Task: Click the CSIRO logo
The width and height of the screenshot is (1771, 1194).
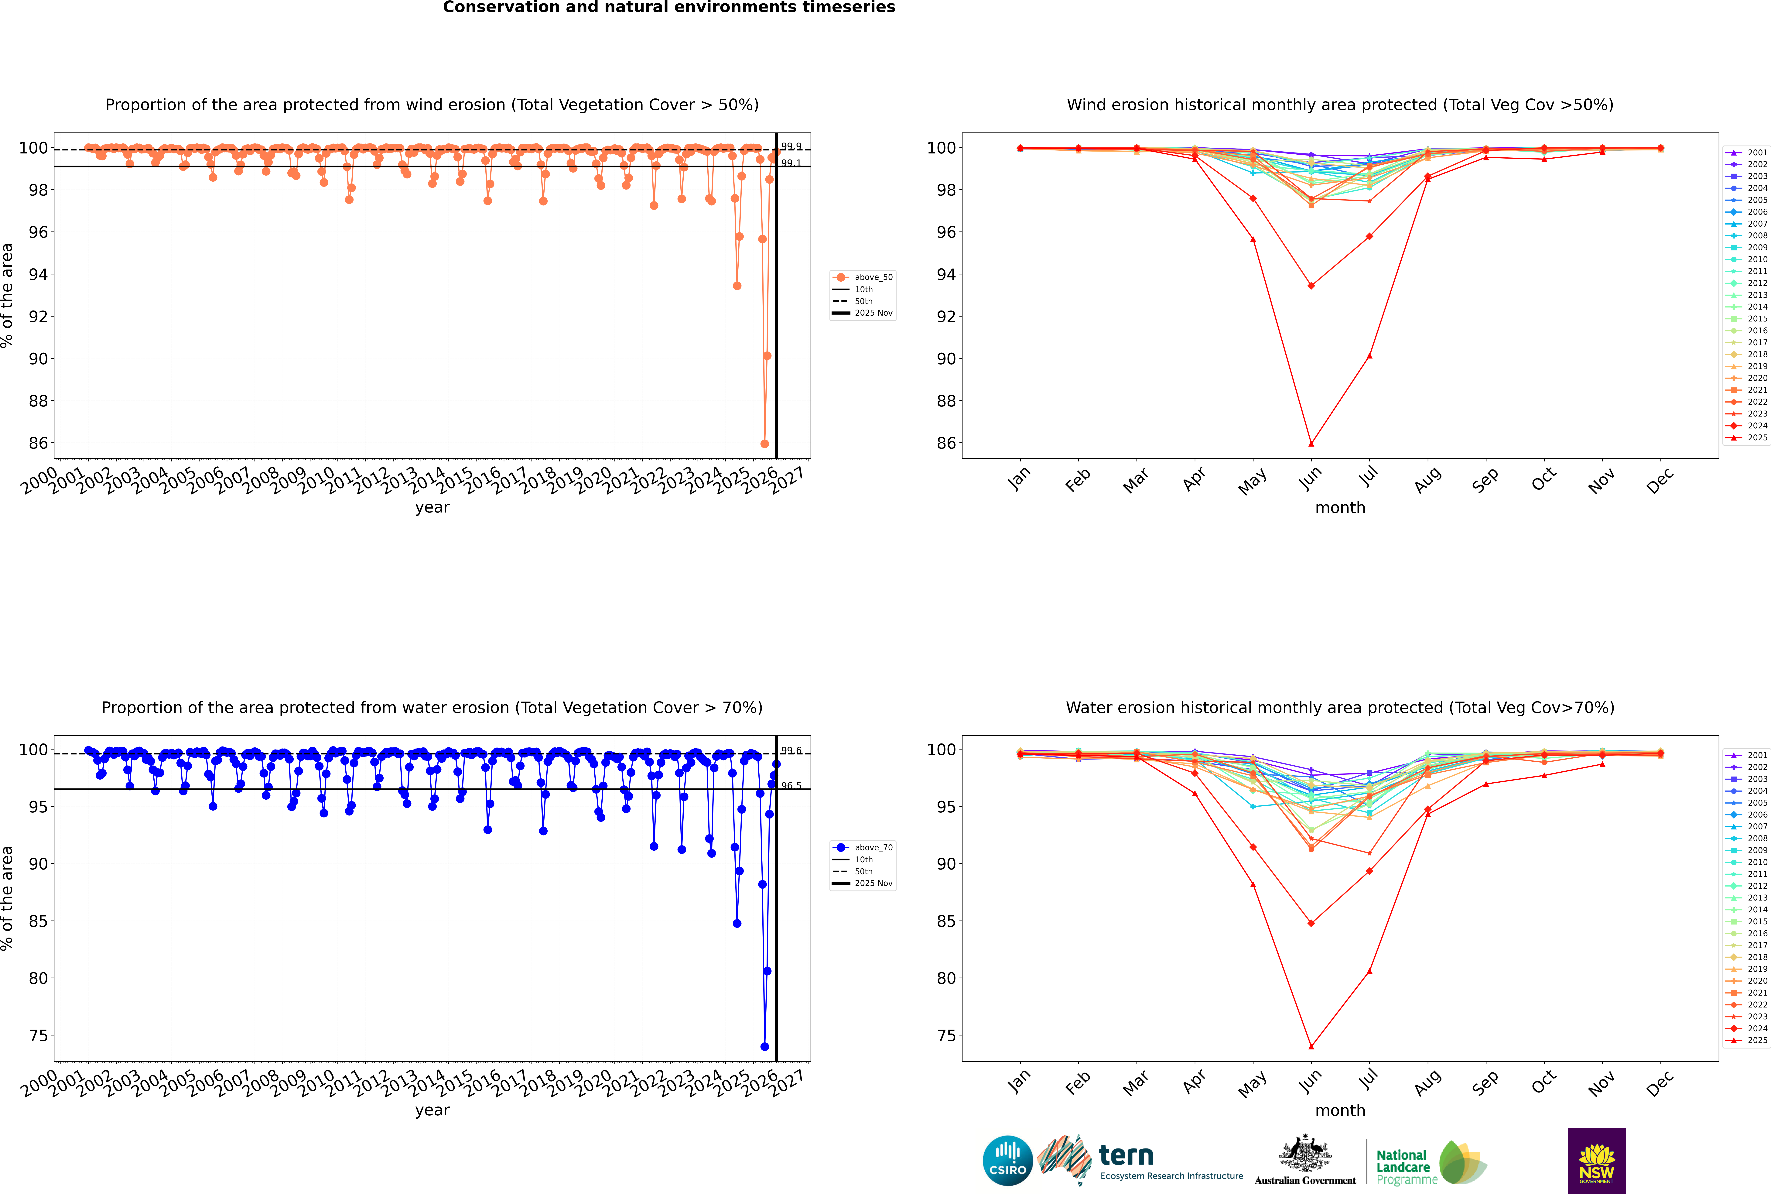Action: (1007, 1161)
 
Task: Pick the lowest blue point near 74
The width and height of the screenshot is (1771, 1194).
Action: (764, 1046)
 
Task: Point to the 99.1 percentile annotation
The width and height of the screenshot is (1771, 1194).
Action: (791, 163)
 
